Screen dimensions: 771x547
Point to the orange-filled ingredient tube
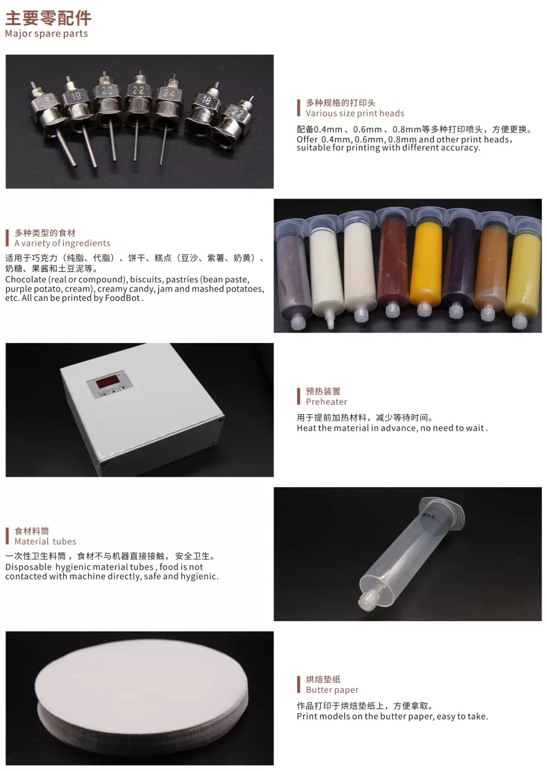coord(425,265)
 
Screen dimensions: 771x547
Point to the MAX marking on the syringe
coord(428,515)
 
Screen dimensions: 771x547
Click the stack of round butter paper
coord(139,695)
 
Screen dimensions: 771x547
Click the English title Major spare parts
coord(46,34)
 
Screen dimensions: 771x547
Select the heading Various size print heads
coord(354,113)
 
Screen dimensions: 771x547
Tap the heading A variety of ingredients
coord(62,243)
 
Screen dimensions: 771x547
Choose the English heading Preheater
coord(326,402)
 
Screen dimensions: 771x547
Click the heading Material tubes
coord(45,541)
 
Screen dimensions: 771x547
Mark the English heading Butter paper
coord(332,690)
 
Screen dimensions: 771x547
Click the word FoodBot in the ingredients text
coord(125,298)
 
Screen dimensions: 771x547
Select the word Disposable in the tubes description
coord(28,567)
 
